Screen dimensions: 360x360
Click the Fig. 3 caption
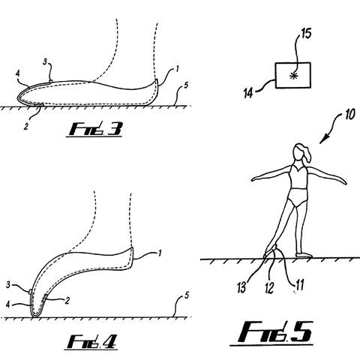coord(95,129)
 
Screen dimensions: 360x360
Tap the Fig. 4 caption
coord(92,341)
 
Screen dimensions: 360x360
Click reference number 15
coord(305,33)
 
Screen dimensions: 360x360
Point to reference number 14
coord(248,93)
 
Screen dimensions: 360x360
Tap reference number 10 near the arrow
coord(349,115)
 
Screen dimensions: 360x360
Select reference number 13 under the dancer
coord(241,287)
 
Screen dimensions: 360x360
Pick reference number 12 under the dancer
coord(269,288)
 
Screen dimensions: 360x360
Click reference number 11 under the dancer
coord(299,284)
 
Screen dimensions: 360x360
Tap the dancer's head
coord(299,152)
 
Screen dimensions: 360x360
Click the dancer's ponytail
coord(308,155)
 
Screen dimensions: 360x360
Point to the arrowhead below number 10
coord(323,140)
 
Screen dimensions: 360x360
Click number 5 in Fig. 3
coord(185,85)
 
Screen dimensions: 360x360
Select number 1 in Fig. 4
coord(159,253)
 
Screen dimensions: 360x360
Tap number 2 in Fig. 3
coord(25,127)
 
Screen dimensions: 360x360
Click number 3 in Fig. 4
coord(8,285)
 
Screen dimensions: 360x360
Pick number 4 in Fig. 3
coord(17,73)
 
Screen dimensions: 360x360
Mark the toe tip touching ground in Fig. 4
coord(35,316)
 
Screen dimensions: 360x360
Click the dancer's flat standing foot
coord(304,255)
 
